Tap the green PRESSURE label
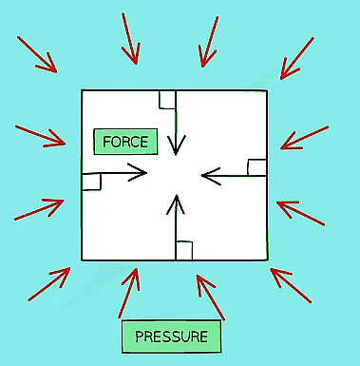pos(171,336)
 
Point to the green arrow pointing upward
pos(176,224)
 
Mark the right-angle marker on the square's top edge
pos(167,98)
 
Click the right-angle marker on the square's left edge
pos(91,181)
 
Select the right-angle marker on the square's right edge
pos(256,167)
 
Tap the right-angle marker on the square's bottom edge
pos(184,251)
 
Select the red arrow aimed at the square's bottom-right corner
pos(294,284)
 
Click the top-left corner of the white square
pos(83,90)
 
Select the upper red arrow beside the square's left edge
pos(41,135)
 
